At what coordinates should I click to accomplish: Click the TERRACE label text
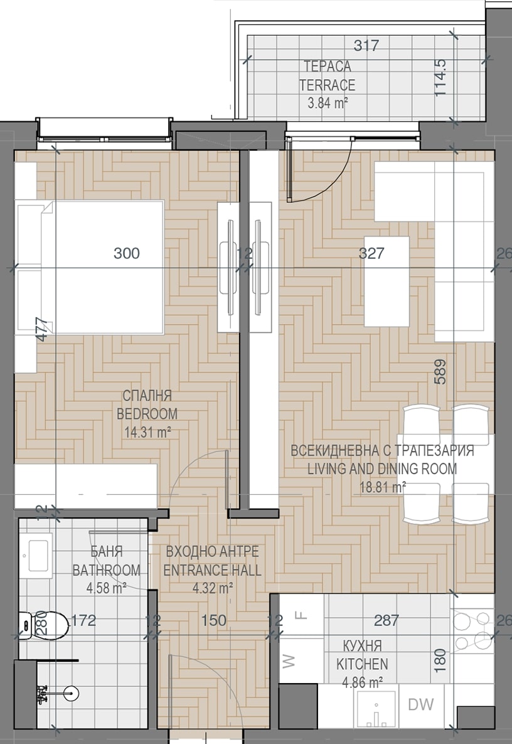pos(327,85)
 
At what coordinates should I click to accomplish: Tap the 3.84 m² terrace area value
pos(328,102)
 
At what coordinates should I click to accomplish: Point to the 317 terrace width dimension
pos(366,46)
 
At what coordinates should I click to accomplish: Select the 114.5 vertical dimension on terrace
pos(440,77)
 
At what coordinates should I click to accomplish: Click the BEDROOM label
pos(147,414)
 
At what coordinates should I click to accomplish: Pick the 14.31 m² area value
pos(147,432)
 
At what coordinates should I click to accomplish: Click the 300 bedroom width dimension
pos(127,253)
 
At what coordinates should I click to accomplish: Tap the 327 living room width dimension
pos(371,253)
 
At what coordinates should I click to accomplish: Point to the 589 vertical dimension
pos(440,372)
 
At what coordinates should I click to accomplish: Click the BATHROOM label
pos(106,570)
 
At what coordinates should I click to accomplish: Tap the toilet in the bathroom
pos(44,625)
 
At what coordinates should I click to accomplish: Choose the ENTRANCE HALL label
pos(212,570)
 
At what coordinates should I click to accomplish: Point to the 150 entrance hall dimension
pos(214,620)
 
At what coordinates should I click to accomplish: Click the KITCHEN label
pos(362,664)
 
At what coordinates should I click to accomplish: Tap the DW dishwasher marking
pos(421,704)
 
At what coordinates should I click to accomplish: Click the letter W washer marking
pos(289,661)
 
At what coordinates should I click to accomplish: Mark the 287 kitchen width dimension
pos(387,620)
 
